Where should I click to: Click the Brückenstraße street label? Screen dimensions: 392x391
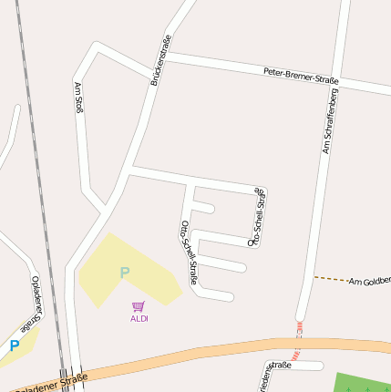click(160, 60)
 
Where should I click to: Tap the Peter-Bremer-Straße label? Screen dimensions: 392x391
click(301, 77)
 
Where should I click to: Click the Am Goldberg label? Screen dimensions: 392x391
click(370, 283)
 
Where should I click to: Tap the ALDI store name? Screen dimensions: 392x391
click(139, 319)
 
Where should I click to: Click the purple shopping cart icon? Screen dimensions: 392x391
click(139, 307)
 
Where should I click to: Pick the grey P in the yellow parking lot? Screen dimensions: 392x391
click(124, 272)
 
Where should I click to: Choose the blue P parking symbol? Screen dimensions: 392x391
click(14, 346)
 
